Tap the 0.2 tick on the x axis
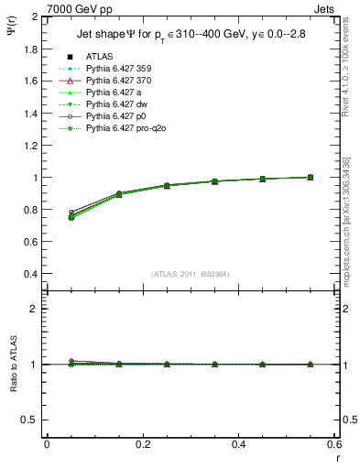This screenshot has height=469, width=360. pos(142,444)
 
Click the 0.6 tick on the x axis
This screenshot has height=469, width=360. pos(333,444)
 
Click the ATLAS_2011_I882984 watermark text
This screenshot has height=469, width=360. pos(190,274)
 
